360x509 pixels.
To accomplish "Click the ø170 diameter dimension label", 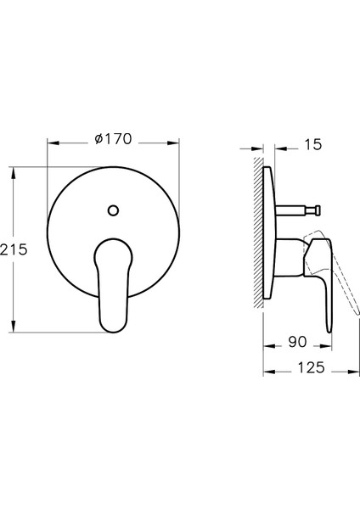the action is click(114, 139).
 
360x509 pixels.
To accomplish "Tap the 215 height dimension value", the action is click(14, 249).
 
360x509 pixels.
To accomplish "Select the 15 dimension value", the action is click(313, 144).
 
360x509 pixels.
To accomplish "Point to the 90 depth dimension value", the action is click(297, 342).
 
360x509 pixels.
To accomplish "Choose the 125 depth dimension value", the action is click(311, 367).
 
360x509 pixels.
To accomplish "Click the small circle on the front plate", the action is click(113, 210).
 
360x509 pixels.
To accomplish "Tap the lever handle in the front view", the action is click(113, 285).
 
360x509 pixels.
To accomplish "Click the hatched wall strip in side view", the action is click(258, 232).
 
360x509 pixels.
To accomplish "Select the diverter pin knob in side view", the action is click(318, 210).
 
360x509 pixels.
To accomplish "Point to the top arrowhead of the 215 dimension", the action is click(13, 173).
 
